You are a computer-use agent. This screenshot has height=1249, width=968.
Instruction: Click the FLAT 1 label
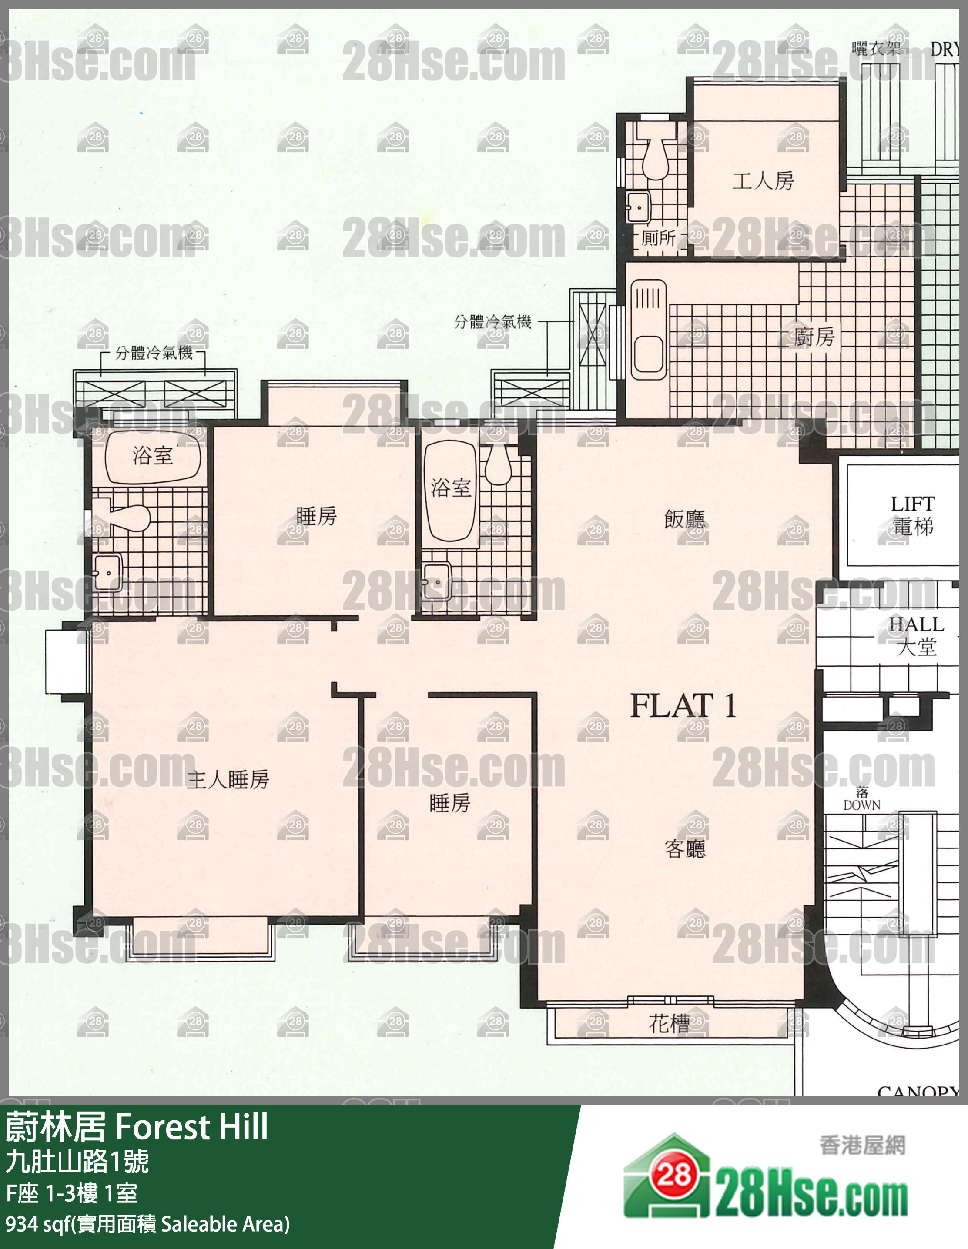[683, 705]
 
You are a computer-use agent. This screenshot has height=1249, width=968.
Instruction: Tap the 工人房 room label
[763, 181]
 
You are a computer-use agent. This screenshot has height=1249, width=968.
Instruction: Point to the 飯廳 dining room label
[685, 519]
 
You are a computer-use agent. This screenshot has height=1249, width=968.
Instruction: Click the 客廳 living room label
[685, 848]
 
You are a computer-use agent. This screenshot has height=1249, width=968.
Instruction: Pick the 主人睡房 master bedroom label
[228, 779]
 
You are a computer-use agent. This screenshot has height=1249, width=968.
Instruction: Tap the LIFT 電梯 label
[912, 515]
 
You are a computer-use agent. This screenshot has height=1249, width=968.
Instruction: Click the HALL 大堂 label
[916, 636]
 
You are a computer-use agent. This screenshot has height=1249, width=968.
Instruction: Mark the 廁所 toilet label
[659, 238]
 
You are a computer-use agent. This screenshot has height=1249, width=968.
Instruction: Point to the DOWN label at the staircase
[861, 805]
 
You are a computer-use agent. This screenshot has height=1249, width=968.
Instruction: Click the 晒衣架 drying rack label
[876, 49]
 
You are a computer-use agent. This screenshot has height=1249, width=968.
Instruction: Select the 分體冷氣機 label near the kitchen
[492, 322]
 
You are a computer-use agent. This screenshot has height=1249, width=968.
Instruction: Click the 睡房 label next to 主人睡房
[450, 803]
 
